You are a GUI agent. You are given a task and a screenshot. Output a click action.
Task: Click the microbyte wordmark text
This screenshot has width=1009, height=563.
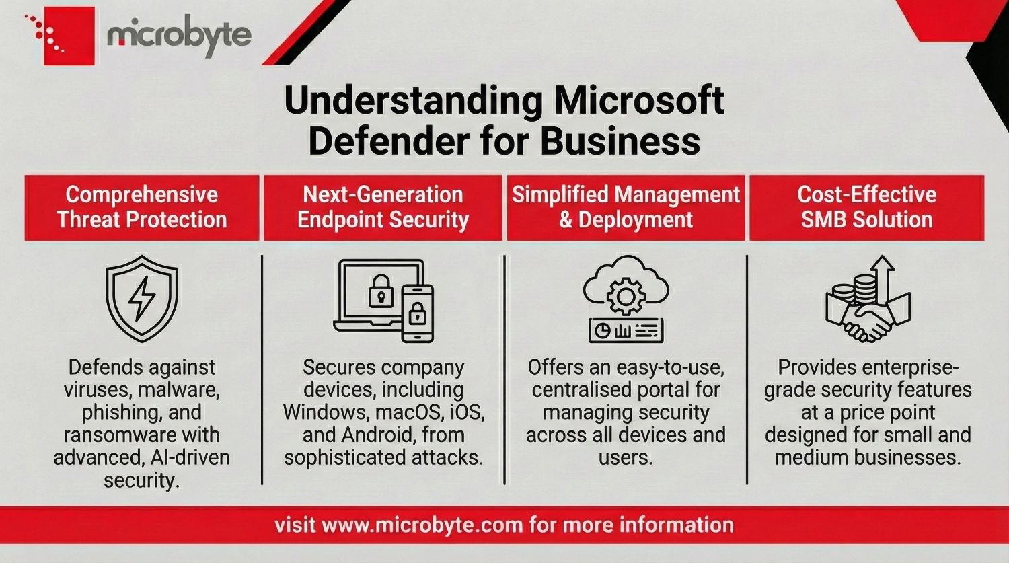pos(180,36)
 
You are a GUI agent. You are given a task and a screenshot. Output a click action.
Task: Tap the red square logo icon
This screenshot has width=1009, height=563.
pos(69,36)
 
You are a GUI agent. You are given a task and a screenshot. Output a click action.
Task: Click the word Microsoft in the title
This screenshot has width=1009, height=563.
pos(639,101)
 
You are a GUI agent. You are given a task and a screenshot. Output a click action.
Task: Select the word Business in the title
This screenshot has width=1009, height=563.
pos(620,141)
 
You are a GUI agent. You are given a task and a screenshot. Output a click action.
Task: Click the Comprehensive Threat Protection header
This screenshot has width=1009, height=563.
pos(142,207)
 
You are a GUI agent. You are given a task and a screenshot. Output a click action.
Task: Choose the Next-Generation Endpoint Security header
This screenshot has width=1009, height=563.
pos(383,207)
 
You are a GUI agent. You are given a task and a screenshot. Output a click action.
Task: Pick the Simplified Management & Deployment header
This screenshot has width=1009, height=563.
pos(626,207)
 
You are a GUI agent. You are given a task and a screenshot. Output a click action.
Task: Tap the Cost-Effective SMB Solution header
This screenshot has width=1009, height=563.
pos(866,207)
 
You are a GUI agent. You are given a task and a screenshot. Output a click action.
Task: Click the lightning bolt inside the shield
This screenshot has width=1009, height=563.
pos(142,298)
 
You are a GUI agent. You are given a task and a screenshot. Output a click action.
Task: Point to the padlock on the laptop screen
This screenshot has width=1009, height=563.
pos(381,291)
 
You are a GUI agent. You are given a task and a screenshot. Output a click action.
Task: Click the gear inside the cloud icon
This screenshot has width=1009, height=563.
pos(626,296)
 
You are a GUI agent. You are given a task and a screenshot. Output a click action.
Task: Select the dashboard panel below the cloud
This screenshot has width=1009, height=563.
pos(626,330)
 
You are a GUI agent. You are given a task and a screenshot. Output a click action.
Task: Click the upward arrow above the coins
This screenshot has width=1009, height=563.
pos(882,279)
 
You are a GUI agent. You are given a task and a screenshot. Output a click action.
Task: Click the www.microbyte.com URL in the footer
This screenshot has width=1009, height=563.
pos(422,525)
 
